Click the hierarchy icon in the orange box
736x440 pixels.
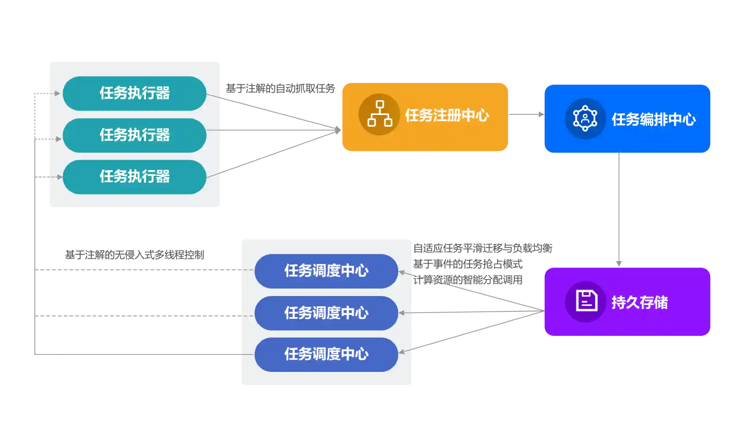coord(379,114)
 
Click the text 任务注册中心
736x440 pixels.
coord(447,115)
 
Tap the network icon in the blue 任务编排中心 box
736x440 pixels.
coord(585,118)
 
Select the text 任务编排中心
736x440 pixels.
coord(653,120)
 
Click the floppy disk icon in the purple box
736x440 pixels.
coord(586,301)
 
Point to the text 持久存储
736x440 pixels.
coord(639,302)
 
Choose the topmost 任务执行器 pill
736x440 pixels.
coord(134,93)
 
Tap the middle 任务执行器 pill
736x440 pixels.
coord(134,135)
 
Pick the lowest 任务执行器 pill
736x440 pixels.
coord(134,176)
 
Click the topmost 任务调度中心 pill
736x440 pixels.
coord(326,271)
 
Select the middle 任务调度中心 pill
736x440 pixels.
coord(326,313)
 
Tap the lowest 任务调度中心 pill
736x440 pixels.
coord(326,354)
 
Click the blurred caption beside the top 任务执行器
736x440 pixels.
coord(280,88)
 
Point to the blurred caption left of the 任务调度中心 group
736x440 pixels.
coord(134,255)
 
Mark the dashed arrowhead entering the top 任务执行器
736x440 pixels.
coord(57,93)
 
